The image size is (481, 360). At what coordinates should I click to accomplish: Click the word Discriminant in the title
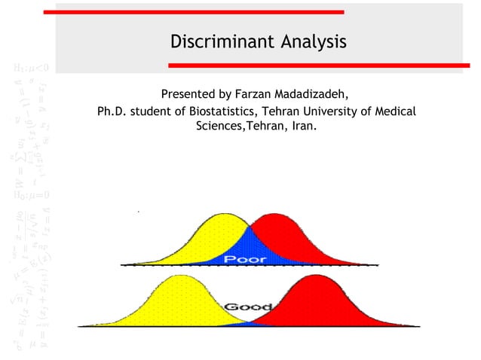(x=215, y=41)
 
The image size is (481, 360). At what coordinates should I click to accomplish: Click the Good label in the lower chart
(x=244, y=307)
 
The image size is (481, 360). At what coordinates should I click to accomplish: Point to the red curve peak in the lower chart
(x=313, y=278)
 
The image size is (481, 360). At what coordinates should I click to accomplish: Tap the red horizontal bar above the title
(x=193, y=12)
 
